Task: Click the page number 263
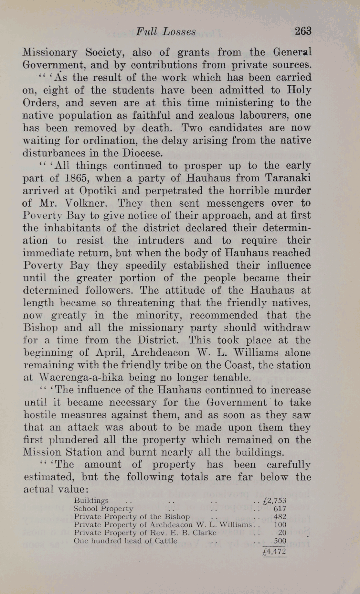(x=303, y=31)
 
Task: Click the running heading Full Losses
(x=166, y=32)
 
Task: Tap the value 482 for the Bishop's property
(x=280, y=517)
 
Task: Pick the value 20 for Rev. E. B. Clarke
(x=282, y=533)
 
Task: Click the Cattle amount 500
(x=280, y=541)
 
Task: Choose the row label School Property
(x=103, y=509)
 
